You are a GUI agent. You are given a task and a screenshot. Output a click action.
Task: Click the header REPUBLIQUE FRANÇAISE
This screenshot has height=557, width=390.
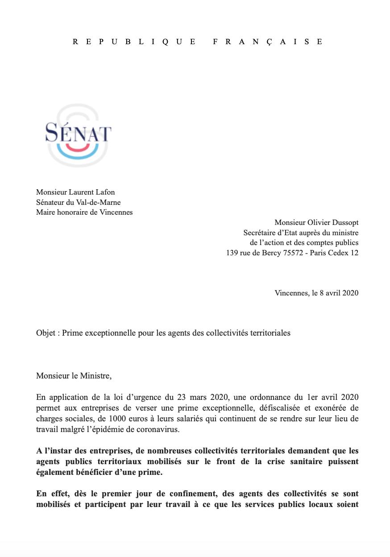click(197, 42)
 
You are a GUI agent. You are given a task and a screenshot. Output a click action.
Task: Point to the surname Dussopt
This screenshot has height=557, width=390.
click(343, 222)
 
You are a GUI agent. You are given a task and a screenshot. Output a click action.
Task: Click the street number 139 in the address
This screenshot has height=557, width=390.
click(233, 253)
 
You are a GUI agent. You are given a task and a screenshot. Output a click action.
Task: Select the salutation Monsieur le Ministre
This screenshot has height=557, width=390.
click(74, 375)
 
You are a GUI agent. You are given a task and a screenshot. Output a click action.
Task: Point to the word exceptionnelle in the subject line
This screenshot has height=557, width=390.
click(108, 333)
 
